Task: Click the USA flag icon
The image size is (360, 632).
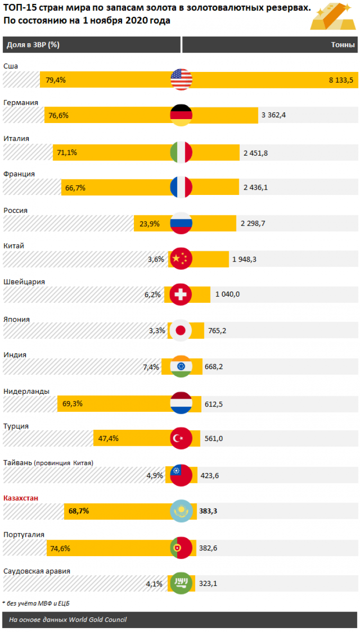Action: (181, 79)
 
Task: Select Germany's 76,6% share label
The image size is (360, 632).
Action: (59, 116)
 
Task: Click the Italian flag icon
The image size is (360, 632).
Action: (181, 152)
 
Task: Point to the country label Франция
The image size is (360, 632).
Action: (19, 174)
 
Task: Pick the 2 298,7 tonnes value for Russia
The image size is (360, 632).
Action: (253, 224)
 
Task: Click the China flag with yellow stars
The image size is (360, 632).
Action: (181, 259)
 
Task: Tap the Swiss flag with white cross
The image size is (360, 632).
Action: (181, 295)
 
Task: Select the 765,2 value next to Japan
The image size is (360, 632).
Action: (216, 331)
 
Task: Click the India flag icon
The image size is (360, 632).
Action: (181, 367)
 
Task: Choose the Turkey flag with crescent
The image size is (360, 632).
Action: (181, 439)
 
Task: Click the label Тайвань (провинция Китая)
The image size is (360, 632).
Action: (48, 462)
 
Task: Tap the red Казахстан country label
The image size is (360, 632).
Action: (20, 498)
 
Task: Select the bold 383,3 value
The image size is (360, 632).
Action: (210, 511)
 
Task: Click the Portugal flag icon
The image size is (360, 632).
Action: (181, 548)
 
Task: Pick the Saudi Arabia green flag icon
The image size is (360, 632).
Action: (181, 583)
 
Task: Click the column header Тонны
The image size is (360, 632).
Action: (343, 45)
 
